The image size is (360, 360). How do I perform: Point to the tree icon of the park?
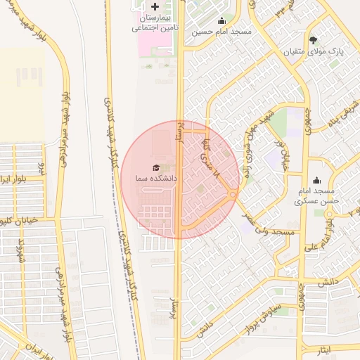(313, 40)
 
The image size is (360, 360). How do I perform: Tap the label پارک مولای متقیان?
(313, 52)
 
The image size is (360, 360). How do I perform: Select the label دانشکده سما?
(156, 179)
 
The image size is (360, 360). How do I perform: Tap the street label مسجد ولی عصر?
(271, 229)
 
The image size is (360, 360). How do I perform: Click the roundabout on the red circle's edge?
(233, 194)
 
